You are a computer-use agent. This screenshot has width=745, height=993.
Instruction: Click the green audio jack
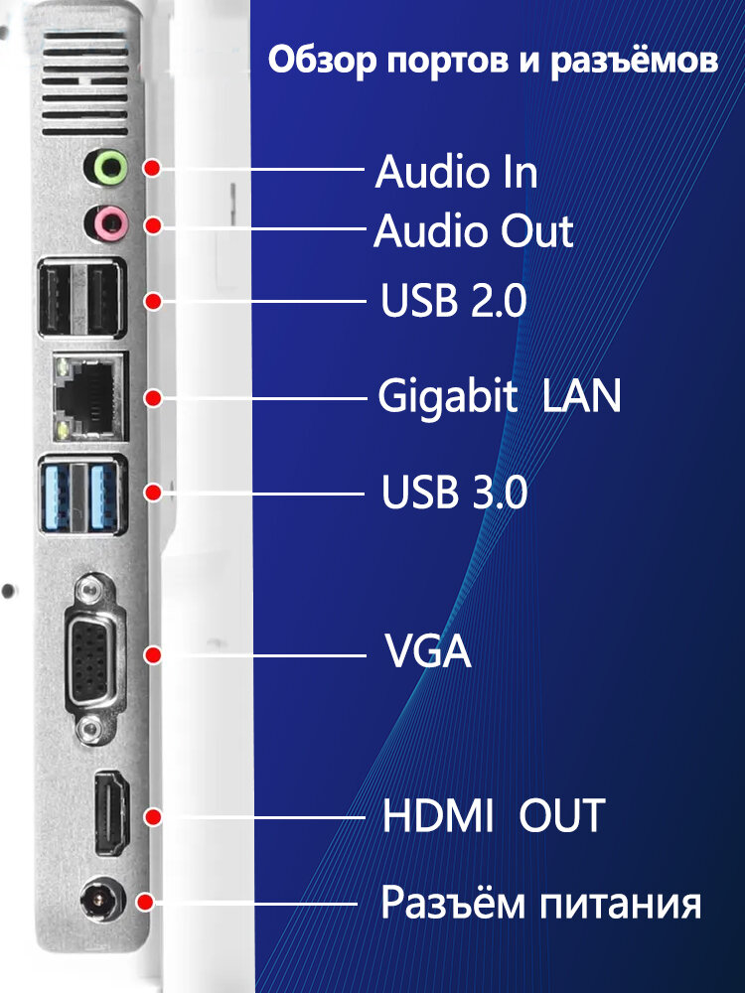(x=107, y=167)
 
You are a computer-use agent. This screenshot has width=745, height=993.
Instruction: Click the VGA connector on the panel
(x=91, y=655)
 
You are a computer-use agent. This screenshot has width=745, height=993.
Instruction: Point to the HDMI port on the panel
(x=109, y=811)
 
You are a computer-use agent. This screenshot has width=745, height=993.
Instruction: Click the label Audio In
(x=456, y=173)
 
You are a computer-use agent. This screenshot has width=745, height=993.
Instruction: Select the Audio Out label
(x=474, y=232)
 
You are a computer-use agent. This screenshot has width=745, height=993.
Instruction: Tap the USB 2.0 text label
(x=454, y=301)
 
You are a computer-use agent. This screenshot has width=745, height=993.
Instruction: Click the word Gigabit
(x=448, y=397)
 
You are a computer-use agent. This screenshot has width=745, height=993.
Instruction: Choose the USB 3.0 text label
(x=454, y=494)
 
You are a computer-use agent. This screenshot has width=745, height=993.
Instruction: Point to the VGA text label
(x=427, y=654)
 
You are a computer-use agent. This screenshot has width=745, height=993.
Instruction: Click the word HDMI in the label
(x=438, y=816)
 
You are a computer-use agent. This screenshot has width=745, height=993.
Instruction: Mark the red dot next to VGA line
(x=153, y=655)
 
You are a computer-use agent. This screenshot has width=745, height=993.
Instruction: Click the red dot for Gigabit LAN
(x=153, y=397)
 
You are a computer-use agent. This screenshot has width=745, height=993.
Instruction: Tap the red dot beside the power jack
(x=145, y=904)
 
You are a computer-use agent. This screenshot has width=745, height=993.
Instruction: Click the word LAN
(x=582, y=397)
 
